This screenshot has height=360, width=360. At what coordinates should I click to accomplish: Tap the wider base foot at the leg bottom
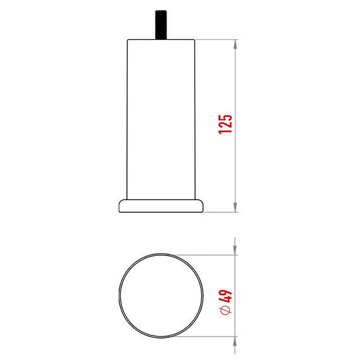[x=161, y=206]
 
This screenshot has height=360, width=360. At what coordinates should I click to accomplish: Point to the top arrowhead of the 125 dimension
[x=236, y=45]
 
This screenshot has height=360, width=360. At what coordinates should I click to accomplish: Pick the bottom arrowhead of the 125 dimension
[x=236, y=208]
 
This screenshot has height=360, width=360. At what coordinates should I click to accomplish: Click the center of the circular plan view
[x=162, y=295]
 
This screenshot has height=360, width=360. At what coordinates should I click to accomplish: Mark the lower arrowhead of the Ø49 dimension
[x=236, y=340]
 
